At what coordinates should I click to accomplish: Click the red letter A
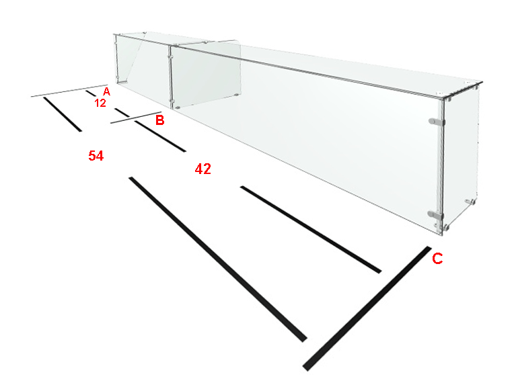[106, 91]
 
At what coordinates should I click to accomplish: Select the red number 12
[100, 103]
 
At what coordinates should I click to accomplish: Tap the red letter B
[159, 120]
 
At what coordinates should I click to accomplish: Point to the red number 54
[96, 156]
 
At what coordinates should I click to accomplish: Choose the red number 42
[203, 169]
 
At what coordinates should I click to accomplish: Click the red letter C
[437, 258]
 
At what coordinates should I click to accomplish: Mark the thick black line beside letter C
[367, 308]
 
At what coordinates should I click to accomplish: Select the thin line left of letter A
[69, 91]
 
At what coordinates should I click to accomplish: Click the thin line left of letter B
[136, 118]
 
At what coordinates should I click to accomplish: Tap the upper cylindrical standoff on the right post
[436, 122]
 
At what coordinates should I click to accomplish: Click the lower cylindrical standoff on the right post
[435, 214]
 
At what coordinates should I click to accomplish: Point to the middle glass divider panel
[206, 75]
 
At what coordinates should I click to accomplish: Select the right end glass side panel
[461, 157]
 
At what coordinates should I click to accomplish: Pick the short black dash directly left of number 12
[91, 93]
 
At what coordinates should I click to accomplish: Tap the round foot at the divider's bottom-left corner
[178, 107]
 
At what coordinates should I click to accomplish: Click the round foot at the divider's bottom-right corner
[235, 95]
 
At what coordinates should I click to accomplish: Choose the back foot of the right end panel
[470, 202]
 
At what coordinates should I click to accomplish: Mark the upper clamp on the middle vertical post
[170, 57]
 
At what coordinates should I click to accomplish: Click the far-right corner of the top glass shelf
[482, 82]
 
